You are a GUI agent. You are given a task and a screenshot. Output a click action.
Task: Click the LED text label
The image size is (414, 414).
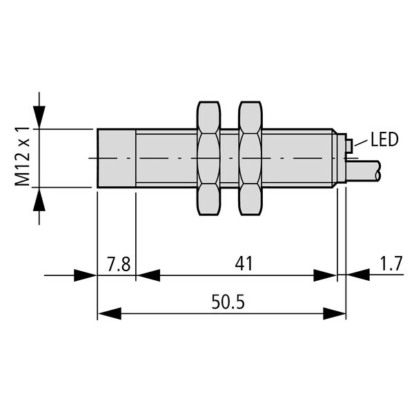[384, 139]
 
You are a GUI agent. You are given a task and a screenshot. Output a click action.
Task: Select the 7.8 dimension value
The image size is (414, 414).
[119, 264]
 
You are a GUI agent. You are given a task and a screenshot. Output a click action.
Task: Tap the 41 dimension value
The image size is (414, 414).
[244, 264]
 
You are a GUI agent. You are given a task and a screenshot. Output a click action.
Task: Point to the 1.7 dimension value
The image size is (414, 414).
[391, 264]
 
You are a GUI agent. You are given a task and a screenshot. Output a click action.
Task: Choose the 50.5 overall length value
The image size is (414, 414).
[228, 302]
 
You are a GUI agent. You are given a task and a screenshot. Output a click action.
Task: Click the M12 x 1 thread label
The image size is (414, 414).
[22, 156]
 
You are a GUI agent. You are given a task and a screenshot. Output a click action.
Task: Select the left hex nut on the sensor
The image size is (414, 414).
[208, 159]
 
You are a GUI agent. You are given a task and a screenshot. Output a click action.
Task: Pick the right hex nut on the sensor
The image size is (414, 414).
[250, 159]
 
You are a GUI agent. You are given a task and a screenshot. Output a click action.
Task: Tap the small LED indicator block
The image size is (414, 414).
[349, 146]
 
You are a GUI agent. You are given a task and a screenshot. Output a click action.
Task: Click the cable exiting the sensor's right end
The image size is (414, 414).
[364, 171]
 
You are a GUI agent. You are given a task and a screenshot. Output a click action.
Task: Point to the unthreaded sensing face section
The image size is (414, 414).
[117, 159]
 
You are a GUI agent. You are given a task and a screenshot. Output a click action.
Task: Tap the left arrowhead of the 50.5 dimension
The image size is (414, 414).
[109, 314]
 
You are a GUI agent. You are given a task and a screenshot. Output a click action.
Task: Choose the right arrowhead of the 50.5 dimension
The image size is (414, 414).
[335, 314]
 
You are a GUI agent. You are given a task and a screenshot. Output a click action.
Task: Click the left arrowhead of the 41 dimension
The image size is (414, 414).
[148, 275]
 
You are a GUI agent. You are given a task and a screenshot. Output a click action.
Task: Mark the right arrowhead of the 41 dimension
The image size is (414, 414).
[325, 275]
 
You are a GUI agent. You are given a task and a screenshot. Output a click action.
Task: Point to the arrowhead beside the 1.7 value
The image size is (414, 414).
[358, 275]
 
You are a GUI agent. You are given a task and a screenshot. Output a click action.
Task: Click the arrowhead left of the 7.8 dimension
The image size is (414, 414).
[86, 275]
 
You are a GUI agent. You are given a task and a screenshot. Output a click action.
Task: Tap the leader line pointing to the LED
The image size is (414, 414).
[361, 143]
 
